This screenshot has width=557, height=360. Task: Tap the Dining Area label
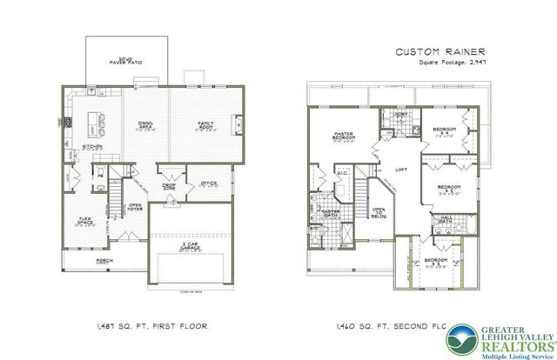[145, 126]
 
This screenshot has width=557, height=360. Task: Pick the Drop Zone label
[170, 186]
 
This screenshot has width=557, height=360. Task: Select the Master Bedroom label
[340, 136]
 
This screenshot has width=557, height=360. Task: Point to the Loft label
[401, 170]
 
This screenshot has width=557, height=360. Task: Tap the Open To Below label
[379, 212]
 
